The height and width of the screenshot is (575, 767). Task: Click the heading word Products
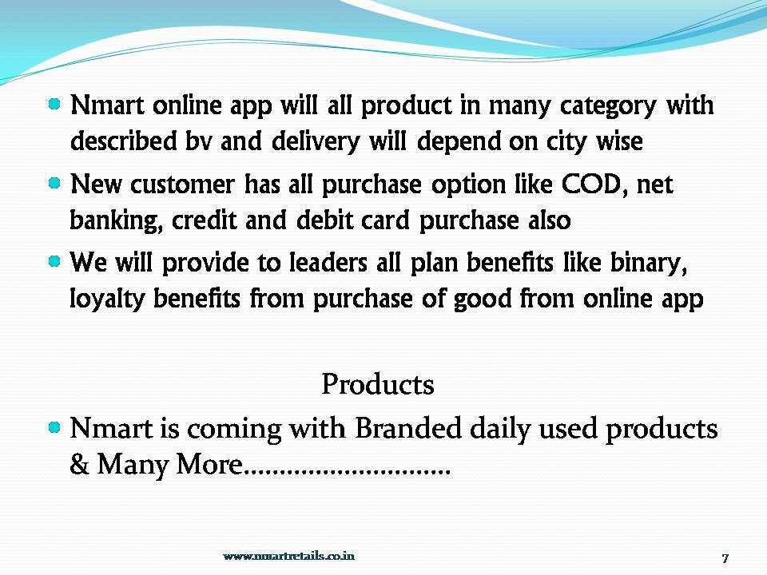point(377,385)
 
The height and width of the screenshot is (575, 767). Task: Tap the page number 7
point(725,557)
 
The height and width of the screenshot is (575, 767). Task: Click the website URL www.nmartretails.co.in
point(288,556)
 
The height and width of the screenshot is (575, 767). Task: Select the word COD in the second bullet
point(582,185)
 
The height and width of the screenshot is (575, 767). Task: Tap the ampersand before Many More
point(80,466)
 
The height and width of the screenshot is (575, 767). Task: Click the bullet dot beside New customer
point(54,183)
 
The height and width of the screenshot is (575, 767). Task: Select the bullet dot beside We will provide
point(54,260)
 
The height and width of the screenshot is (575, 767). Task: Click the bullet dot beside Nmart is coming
point(54,427)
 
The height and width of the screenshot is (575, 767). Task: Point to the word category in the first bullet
point(592,105)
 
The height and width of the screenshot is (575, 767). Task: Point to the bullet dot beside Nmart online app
point(54,104)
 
